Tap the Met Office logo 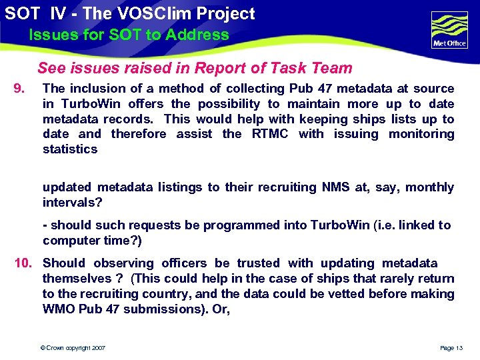(x=449, y=30)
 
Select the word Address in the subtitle (x=198, y=35)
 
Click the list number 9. (x=20, y=88)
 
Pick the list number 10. (x=25, y=263)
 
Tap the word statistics (x=70, y=149)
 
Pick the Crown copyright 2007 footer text (x=73, y=348)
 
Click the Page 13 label (x=451, y=348)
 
